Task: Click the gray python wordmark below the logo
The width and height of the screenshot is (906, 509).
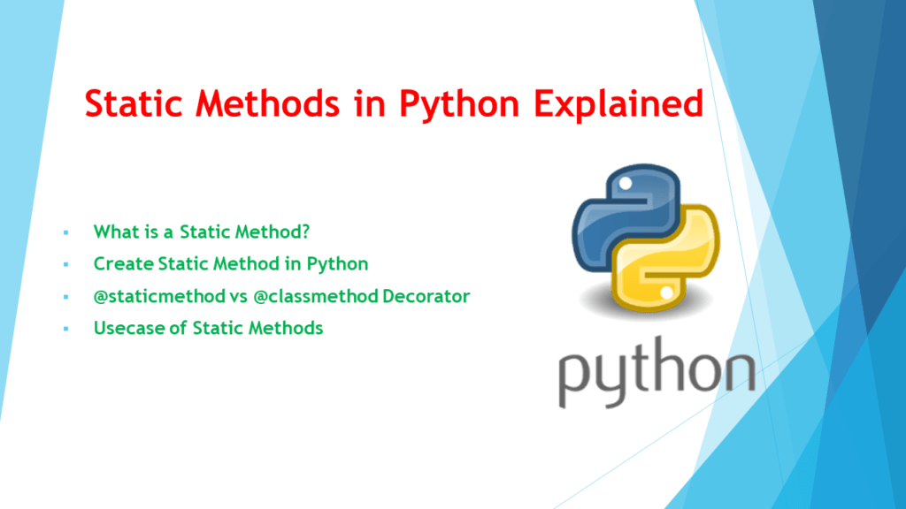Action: point(656,372)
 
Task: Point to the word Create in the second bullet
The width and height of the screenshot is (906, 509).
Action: point(119,263)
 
